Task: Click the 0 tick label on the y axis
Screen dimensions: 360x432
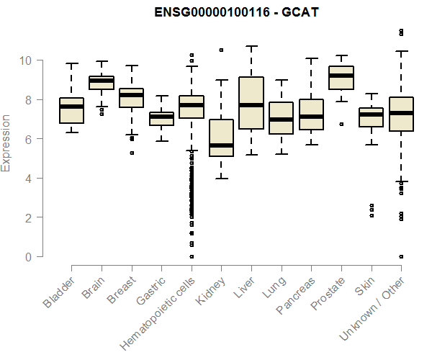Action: pyautogui.click(x=29, y=256)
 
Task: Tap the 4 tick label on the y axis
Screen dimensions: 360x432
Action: pyautogui.click(x=29, y=178)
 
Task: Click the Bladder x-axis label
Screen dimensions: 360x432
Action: pyautogui.click(x=60, y=291)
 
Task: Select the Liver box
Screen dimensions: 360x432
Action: pyautogui.click(x=251, y=103)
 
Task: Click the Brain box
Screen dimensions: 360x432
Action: pyautogui.click(x=102, y=82)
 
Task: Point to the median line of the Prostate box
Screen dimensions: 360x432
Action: pyautogui.click(x=341, y=76)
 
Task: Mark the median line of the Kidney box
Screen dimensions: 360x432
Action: pyautogui.click(x=221, y=145)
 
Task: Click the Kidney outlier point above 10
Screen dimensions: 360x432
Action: pyautogui.click(x=221, y=50)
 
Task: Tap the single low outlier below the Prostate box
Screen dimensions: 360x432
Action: pyautogui.click(x=341, y=124)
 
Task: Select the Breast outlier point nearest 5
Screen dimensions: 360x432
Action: pyautogui.click(x=132, y=153)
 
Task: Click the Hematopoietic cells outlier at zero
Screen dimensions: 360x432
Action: pyautogui.click(x=192, y=256)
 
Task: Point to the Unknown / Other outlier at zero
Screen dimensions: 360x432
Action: pyautogui.click(x=401, y=256)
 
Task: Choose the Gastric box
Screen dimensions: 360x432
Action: pyautogui.click(x=161, y=119)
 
